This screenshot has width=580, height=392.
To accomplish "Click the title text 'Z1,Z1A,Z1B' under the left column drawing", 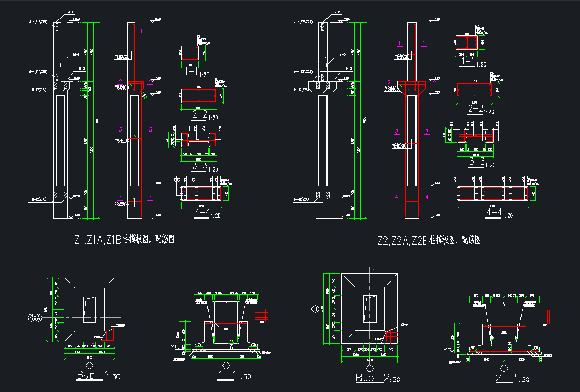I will (x=97, y=240).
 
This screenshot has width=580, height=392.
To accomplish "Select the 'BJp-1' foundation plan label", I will (x=91, y=375).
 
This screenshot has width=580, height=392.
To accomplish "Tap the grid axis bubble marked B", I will (x=315, y=310).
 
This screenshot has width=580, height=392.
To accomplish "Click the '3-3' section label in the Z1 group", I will (x=200, y=166).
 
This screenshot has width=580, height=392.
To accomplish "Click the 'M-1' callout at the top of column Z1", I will (x=71, y=12).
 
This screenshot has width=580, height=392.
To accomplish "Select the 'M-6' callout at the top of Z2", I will (x=337, y=12).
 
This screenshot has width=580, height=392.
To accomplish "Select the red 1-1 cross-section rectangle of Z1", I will (x=189, y=53).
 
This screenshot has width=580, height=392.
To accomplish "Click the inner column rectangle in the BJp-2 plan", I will (x=370, y=309).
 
